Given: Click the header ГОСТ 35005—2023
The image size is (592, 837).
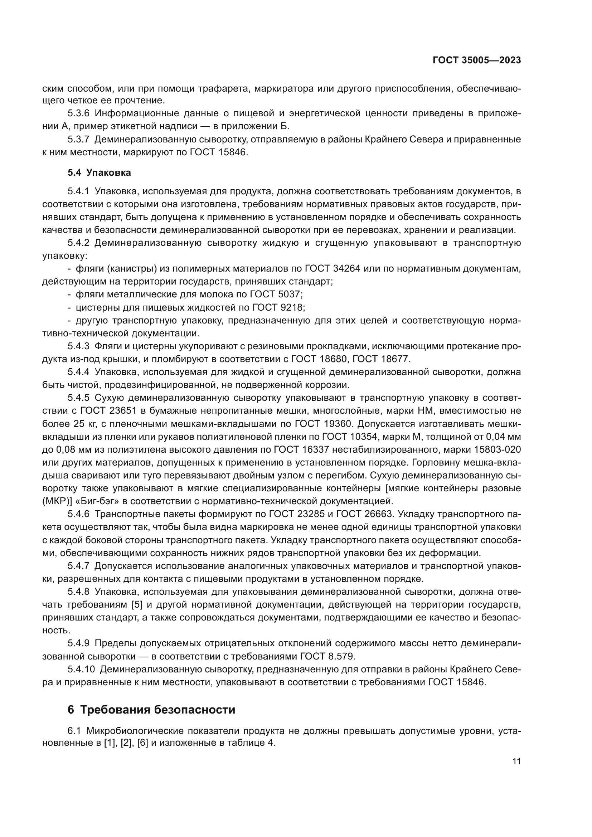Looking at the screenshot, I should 476,60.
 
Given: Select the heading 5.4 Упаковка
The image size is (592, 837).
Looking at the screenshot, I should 99,172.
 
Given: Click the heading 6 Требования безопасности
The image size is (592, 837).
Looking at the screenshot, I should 151,710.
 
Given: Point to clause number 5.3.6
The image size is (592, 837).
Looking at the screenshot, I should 78,113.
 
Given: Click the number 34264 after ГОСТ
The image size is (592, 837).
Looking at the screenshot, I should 347,269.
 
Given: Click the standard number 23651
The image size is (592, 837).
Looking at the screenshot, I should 123,410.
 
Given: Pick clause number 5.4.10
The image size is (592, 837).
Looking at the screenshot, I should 81,669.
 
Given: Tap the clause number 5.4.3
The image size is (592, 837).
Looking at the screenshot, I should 78,346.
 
